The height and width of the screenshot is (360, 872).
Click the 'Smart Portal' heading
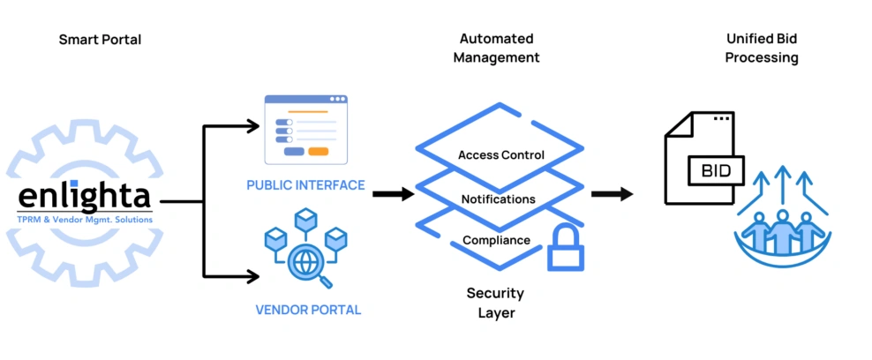100,40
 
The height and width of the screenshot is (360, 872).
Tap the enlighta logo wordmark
84,195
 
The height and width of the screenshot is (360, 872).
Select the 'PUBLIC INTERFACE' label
306,185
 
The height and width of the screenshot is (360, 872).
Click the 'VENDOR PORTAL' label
308,310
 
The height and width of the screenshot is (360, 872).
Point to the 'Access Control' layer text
501,155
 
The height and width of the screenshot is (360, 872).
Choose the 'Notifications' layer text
499,199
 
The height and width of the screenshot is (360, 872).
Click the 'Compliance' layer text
497,241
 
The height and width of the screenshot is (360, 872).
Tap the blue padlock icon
566,247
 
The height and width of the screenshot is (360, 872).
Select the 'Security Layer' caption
495,303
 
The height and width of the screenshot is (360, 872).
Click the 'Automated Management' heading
497,48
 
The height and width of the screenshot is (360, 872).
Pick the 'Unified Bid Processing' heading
762,48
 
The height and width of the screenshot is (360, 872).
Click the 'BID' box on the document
717,171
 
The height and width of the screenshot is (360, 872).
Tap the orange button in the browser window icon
318,152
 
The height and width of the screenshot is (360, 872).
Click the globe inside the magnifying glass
304,262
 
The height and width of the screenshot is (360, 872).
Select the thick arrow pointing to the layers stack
394,194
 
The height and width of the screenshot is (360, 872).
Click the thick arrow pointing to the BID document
612,194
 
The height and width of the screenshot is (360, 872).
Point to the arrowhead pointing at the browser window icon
253,127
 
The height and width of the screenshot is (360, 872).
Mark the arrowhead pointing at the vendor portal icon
253,275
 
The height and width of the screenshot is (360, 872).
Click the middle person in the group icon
783,232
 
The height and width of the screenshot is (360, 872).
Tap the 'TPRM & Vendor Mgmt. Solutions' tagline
85,220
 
